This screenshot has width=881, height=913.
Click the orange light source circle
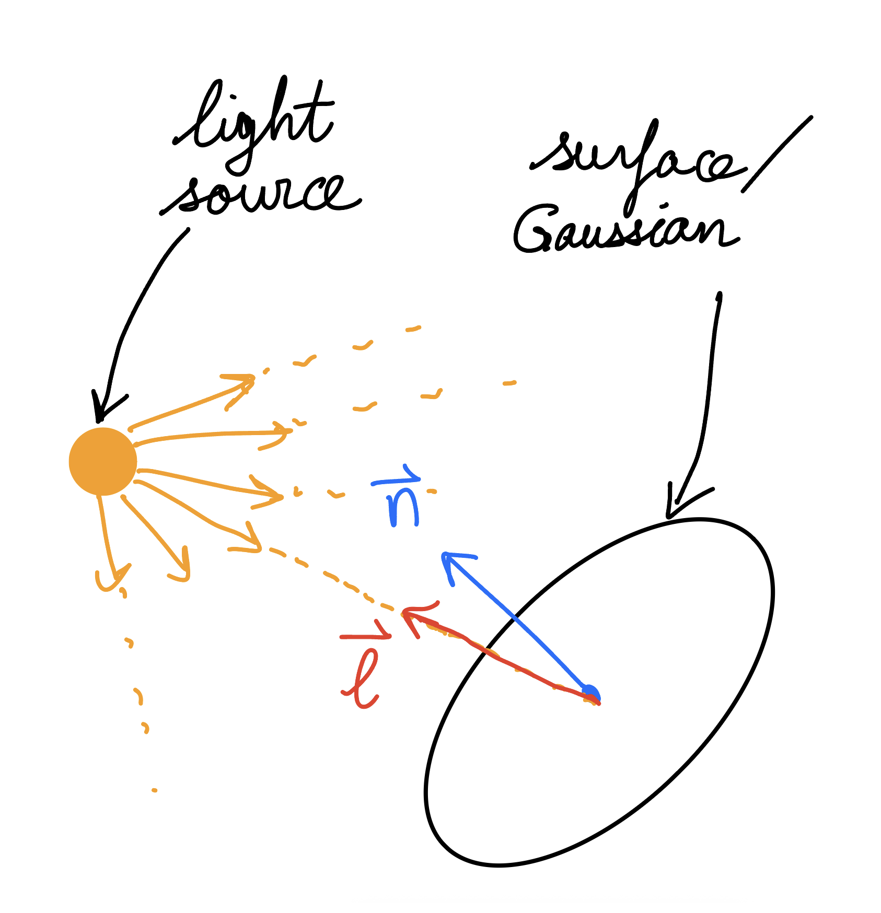(103, 461)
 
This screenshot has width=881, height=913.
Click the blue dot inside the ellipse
(592, 694)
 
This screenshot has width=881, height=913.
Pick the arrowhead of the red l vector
(415, 616)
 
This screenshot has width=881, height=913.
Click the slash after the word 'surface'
(778, 154)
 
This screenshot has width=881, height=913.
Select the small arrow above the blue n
(396, 476)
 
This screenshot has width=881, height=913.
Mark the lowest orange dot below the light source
(154, 790)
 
